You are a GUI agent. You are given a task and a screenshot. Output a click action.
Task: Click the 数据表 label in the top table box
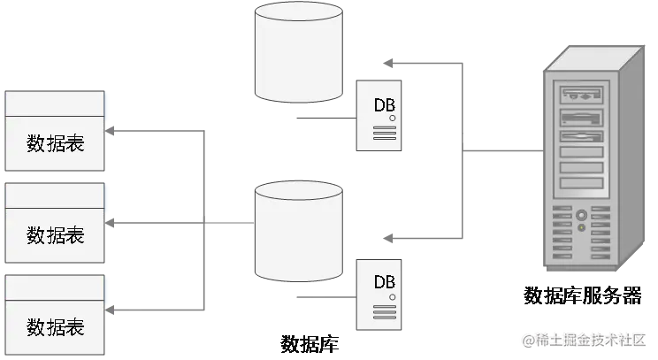coord(55,143)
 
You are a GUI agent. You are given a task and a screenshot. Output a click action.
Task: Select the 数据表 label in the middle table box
coord(55,235)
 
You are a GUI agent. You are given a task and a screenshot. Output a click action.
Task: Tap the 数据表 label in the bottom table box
coord(55,327)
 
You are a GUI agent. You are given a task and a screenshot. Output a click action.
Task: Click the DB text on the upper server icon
coord(384,104)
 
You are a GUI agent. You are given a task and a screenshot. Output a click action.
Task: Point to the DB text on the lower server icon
coord(384,282)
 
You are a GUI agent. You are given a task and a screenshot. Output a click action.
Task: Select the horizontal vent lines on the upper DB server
coord(384,134)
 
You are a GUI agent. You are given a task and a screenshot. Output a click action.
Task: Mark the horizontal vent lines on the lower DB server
coord(384,311)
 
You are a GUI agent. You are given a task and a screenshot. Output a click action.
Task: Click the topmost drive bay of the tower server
coord(580,90)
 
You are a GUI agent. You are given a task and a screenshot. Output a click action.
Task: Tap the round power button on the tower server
coord(580,215)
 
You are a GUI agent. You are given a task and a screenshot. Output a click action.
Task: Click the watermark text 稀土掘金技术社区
coord(585,341)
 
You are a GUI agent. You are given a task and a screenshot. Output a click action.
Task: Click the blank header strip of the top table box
coord(55,103)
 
